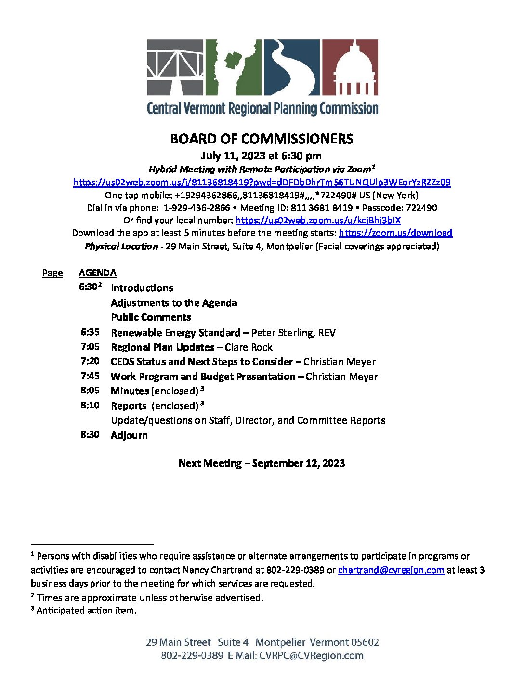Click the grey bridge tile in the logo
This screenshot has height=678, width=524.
175,67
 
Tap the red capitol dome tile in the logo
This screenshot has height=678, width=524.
349,67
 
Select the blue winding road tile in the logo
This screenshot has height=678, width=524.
291,67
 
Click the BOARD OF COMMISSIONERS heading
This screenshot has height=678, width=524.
262,139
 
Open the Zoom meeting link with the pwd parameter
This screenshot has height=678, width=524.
262,183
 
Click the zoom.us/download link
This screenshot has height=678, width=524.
395,233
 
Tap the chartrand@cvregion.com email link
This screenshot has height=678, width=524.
391,570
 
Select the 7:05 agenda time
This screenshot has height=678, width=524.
90,347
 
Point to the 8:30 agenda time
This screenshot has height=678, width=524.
90,435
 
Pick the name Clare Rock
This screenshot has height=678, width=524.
249,347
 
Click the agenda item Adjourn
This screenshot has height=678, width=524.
129,435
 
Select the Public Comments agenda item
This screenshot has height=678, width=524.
151,317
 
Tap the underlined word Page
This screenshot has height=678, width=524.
52,273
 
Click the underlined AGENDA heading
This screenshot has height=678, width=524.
98,273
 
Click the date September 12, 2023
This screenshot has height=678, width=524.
298,463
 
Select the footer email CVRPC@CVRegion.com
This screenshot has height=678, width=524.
311,656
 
